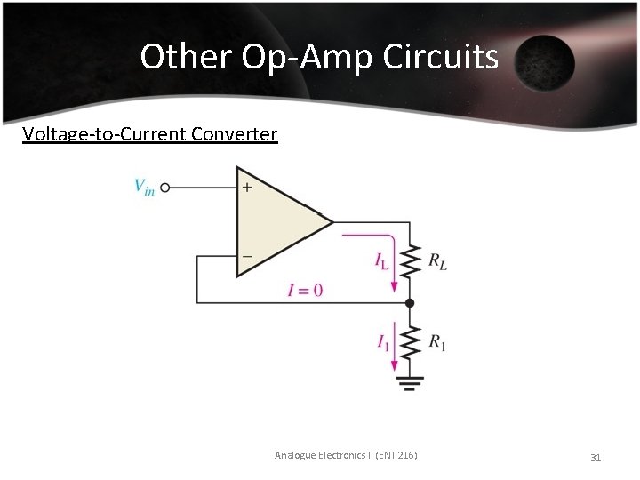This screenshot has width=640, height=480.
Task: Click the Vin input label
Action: click(143, 187)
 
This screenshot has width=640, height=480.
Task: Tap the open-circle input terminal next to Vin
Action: click(165, 188)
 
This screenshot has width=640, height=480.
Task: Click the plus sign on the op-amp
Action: click(246, 188)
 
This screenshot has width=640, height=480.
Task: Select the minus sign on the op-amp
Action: click(246, 256)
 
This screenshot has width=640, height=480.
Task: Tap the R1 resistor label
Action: click(437, 341)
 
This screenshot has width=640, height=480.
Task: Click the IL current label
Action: click(381, 260)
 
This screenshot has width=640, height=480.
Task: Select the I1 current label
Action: click(382, 341)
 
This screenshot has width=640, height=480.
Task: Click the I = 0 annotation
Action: click(305, 290)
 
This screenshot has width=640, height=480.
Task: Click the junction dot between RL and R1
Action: click(410, 303)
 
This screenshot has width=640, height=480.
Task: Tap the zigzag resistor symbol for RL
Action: click(410, 262)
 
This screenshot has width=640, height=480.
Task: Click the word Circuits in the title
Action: click(441, 57)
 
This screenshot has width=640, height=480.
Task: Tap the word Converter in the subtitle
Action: click(235, 134)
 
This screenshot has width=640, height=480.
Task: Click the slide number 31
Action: click(596, 457)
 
